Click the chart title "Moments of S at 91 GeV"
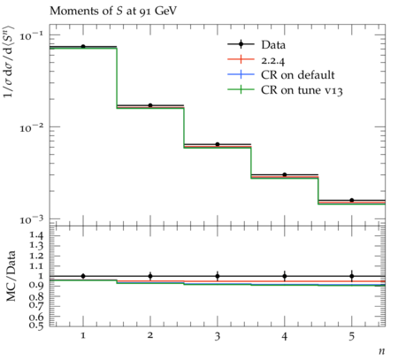tap(113, 11)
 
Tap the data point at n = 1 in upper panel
tap(83, 46)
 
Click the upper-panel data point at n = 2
tap(150, 105)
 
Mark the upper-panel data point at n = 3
tap(218, 144)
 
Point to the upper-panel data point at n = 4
tap(285, 174)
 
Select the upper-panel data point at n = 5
tap(352, 200)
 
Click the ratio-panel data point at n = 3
tap(218, 276)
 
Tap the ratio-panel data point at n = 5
tap(352, 276)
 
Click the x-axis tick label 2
tap(150, 335)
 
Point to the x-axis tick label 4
tap(285, 335)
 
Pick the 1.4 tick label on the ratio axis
tap(36, 235)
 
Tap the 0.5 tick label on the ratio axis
tap(36, 326)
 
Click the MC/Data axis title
tap(11, 276)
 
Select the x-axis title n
tap(382, 351)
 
